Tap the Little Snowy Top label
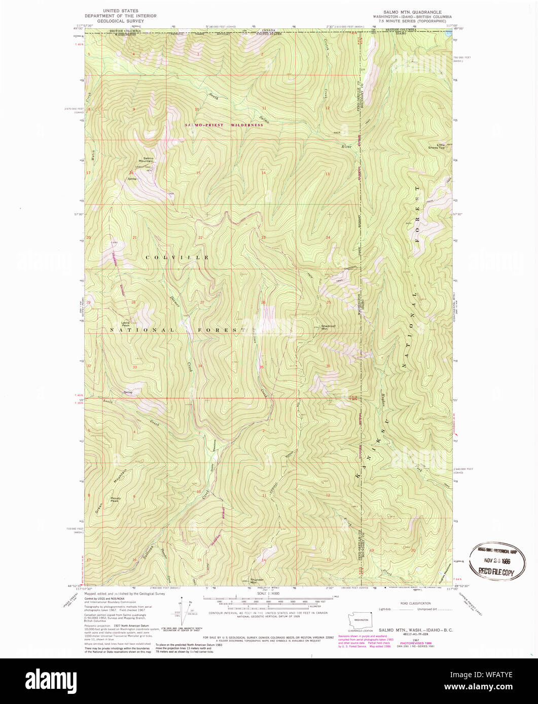tap(436, 146)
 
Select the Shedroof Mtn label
tap(329, 327)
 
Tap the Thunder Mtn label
tap(257, 580)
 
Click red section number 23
tap(264, 238)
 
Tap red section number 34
tap(200, 366)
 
